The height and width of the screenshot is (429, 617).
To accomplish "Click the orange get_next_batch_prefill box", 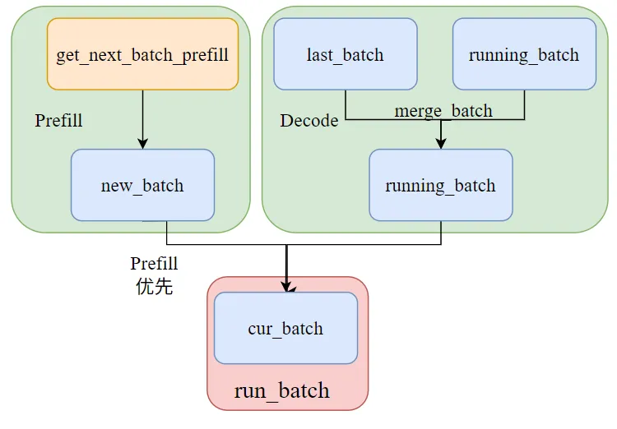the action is [x=142, y=54].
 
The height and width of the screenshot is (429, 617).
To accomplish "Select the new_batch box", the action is [x=142, y=185].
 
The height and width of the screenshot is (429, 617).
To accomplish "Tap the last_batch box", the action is [x=345, y=54].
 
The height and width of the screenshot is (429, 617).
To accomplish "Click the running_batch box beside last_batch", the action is [x=524, y=54].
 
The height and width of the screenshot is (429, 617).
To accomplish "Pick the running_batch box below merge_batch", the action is [x=441, y=185].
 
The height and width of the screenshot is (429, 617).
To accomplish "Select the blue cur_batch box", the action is [x=285, y=328].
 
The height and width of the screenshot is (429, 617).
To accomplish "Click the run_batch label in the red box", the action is [x=281, y=390].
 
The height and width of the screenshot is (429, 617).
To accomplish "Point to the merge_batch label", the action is [x=443, y=111].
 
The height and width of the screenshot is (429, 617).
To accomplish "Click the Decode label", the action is [x=308, y=120].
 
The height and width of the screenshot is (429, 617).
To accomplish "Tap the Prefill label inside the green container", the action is [x=58, y=120].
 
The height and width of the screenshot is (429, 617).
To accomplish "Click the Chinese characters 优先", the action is [x=155, y=286].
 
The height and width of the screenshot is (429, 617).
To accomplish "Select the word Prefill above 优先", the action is [x=154, y=264].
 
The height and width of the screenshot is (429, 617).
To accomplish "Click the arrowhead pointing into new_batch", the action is [x=143, y=144].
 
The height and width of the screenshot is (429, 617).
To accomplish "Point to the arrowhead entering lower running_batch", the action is [x=441, y=144].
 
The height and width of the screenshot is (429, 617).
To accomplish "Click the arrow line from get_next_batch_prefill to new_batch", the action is [x=143, y=119].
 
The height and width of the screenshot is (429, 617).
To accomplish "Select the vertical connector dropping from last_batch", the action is [x=346, y=104].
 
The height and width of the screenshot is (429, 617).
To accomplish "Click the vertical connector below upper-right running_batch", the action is [x=525, y=104].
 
